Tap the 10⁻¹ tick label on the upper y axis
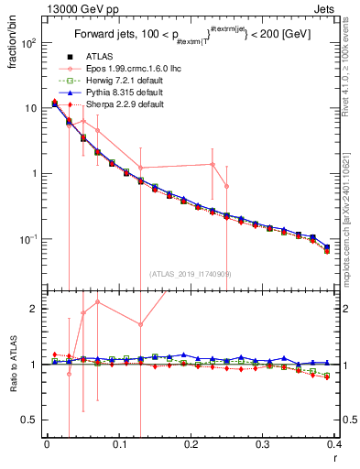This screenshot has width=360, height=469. pos(27,239)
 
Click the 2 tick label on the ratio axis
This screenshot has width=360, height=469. pos(34,309)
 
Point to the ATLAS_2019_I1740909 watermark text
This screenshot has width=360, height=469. pos(191,273)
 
